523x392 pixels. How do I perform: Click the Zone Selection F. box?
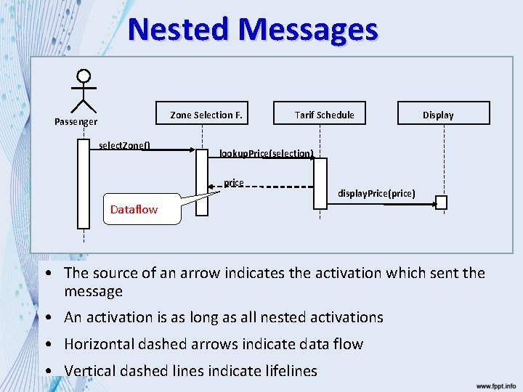click(206, 113)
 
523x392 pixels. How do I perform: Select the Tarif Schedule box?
click(324, 113)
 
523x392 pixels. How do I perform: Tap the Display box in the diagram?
click(438, 113)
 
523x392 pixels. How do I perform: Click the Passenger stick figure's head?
click(84, 75)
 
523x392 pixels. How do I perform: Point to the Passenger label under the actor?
click(76, 122)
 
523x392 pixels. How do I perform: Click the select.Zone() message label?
click(124, 144)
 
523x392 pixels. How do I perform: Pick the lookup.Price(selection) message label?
click(266, 153)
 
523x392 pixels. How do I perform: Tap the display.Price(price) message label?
click(376, 193)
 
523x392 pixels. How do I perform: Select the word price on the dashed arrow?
click(234, 182)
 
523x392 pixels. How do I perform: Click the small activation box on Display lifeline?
click(441, 203)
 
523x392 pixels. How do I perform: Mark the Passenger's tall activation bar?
click(83, 183)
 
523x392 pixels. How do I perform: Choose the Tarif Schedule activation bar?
click(320, 183)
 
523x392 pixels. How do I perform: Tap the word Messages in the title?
click(309, 30)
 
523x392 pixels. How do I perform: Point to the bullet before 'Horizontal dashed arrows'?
click(46, 344)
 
